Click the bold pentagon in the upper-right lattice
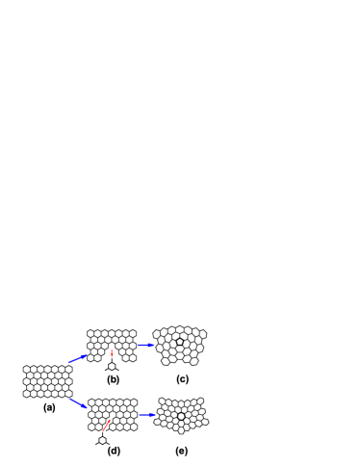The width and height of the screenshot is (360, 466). pos(180,342)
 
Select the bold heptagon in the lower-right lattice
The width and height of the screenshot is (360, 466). pos(181,416)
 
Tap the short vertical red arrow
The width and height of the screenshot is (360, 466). pos(112,353)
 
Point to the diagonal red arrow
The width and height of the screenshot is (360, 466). pos(107,424)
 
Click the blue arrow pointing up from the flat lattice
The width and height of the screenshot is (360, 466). pos(78,358)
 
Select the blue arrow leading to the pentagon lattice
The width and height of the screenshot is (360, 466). pos(145,345)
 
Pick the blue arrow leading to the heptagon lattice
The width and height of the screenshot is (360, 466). pos(147,415)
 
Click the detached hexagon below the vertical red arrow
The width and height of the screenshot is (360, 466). pos(112,366)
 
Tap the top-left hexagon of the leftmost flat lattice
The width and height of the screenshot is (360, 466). pos(27,369)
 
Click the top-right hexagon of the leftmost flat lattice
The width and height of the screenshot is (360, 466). pos(68,369)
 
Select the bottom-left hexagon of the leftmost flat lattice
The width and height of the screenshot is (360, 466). pos(27,393)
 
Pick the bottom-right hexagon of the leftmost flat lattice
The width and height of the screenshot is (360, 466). pos(68,393)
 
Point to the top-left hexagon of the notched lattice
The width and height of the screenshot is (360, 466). pos(90,333)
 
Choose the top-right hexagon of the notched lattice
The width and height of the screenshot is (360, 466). pos(133,333)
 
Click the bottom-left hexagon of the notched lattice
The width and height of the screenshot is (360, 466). pos(90,357)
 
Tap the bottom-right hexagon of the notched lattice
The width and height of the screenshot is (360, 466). pos(133,357)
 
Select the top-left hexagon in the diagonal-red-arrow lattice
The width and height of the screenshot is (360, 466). pos(91,402)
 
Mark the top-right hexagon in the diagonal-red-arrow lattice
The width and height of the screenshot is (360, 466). pos(134,402)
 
